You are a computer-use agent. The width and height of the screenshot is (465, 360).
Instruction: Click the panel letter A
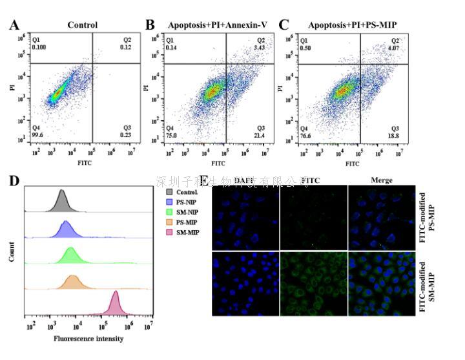point(14,26)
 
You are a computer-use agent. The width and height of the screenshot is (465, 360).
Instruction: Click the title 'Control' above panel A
point(83,26)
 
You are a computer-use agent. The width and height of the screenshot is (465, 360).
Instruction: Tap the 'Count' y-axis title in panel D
point(12,252)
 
